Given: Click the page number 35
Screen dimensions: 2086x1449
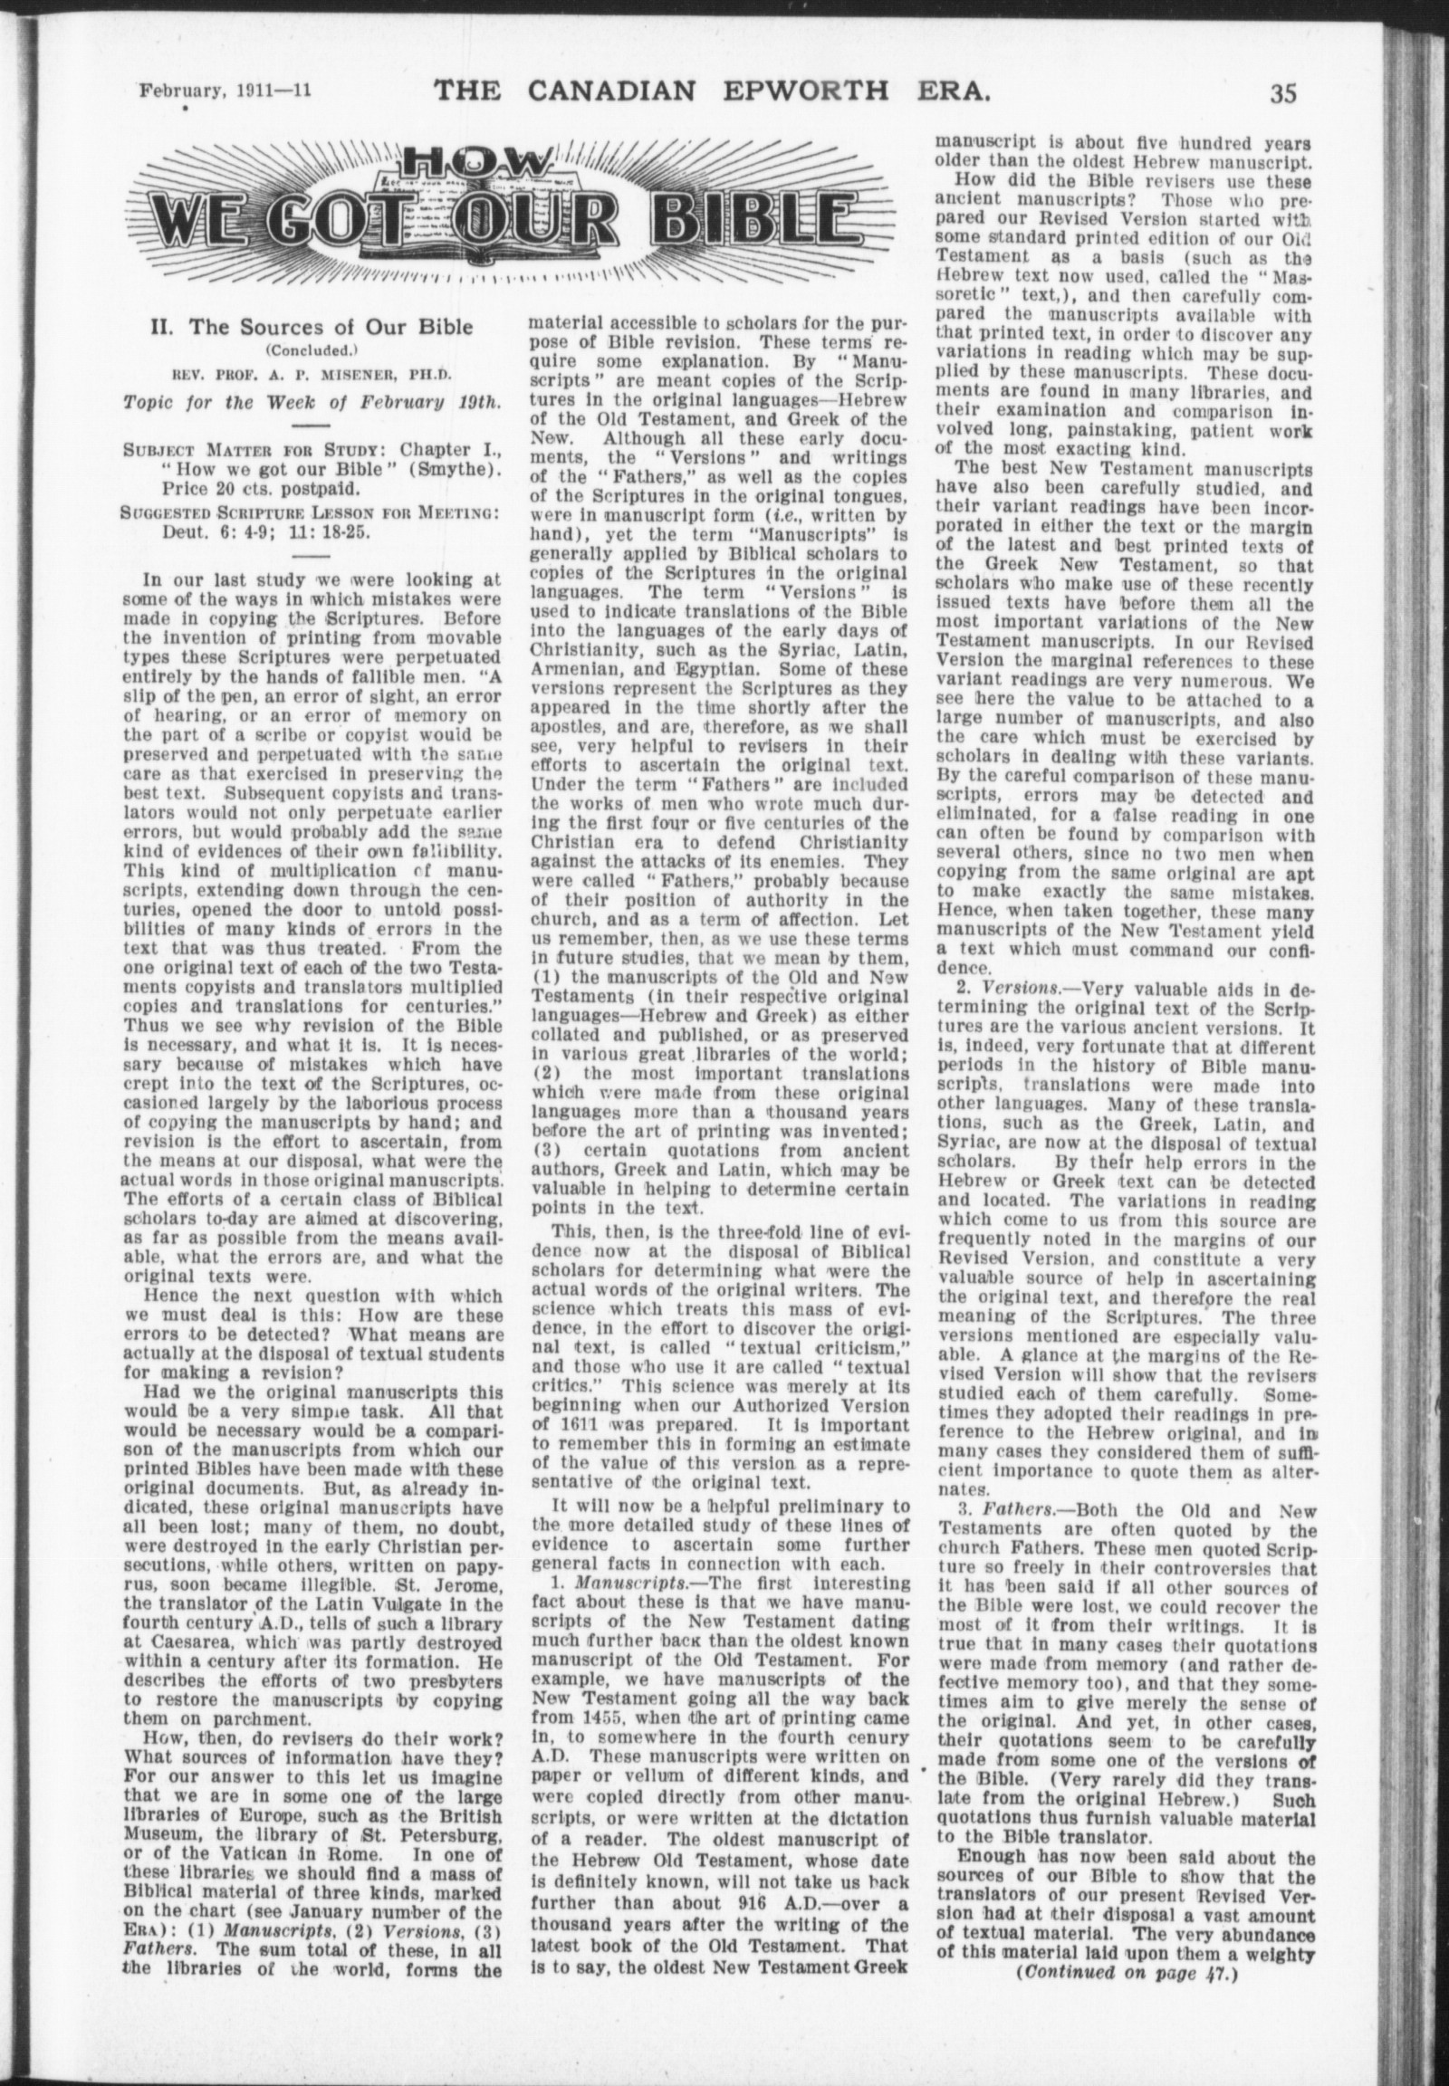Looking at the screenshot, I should (1283, 93).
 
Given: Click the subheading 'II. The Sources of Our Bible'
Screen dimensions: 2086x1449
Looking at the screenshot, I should (312, 327).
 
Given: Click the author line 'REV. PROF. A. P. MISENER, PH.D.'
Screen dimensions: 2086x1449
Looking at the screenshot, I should (312, 373).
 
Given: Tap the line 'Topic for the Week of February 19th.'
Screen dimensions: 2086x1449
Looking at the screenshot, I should (312, 402).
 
